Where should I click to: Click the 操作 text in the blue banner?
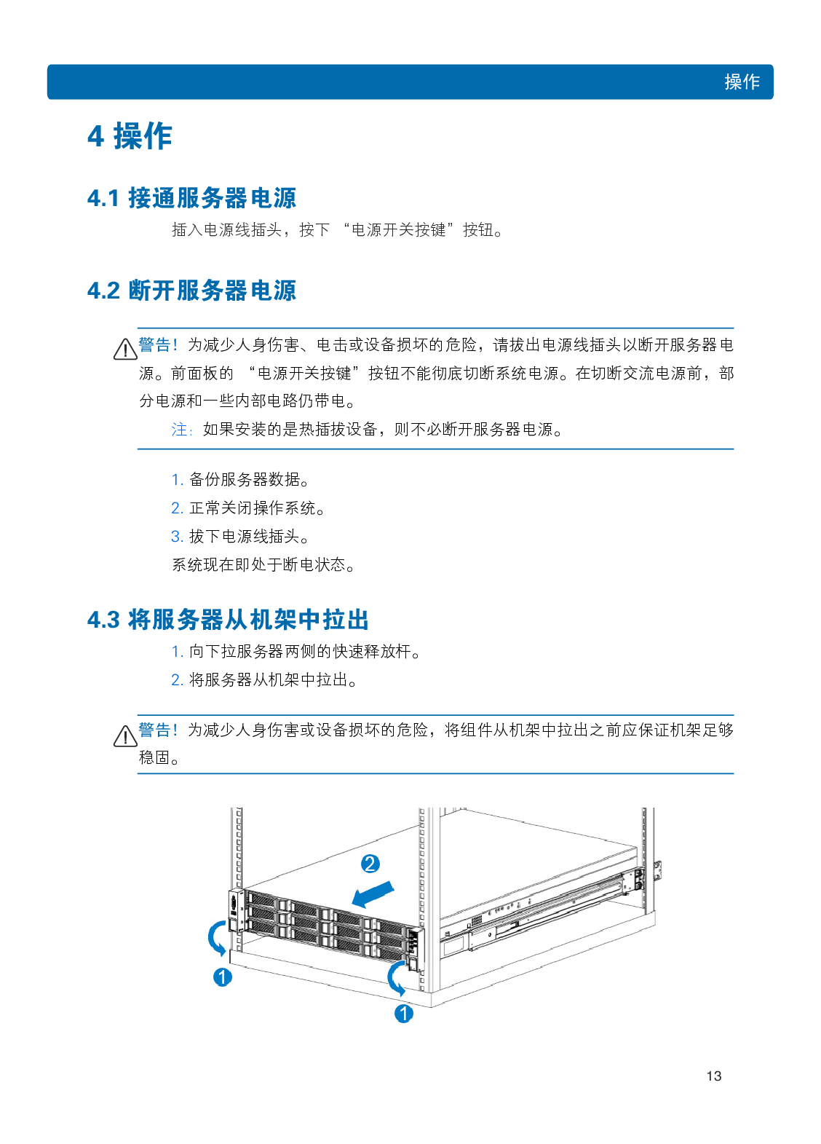742,82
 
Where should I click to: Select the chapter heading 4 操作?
130,136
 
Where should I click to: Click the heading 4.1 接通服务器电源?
191,198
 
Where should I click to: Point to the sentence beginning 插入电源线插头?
338,230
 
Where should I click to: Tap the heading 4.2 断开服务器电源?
191,291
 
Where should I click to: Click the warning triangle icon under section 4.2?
125,350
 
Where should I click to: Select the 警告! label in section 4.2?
158,344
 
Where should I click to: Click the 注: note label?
182,430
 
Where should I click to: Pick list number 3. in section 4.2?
177,537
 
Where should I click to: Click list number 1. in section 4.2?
177,480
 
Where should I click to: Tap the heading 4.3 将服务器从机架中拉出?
228,620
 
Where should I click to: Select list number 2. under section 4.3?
177,680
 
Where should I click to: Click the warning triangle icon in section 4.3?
125,736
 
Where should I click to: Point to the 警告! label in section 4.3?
158,730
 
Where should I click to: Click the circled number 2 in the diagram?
370,864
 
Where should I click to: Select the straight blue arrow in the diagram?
373,894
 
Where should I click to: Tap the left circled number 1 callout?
223,977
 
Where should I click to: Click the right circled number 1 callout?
404,1013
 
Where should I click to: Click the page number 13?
713,1076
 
